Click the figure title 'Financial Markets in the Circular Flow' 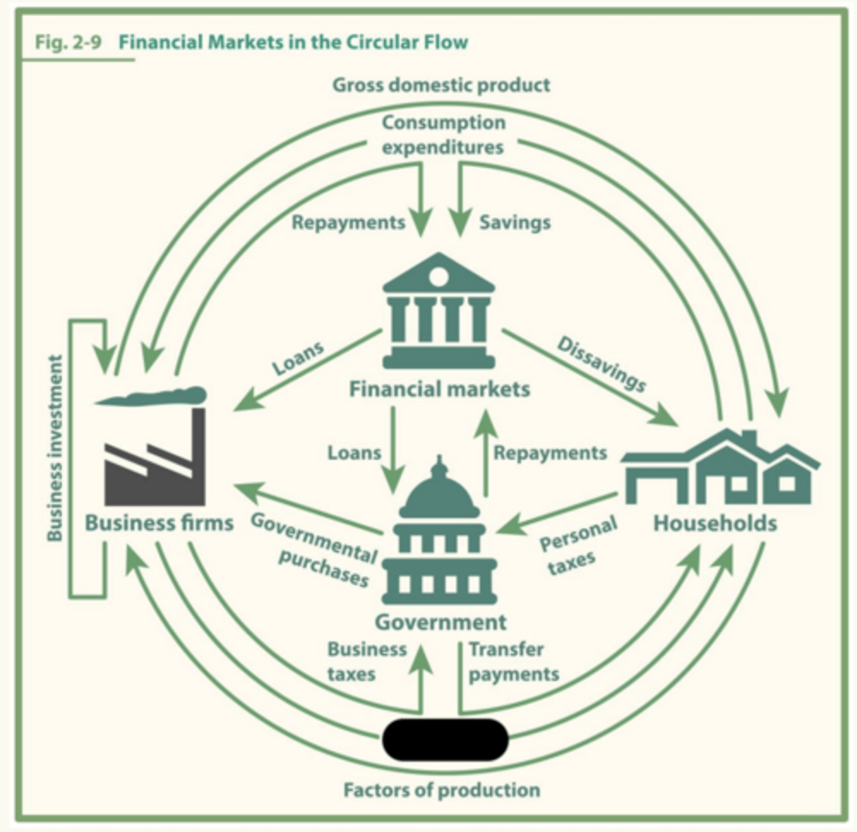click(293, 42)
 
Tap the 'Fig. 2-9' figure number click(68, 42)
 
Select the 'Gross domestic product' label click(441, 85)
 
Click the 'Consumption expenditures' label click(443, 135)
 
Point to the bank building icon click(439, 310)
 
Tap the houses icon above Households click(721, 468)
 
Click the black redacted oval click(445, 740)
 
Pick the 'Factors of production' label click(441, 790)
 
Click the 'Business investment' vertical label click(55, 448)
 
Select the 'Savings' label click(515, 223)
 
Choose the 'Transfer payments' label click(513, 661)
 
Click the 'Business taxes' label click(366, 661)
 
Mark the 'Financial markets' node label click(439, 389)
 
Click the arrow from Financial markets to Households click(589, 377)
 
